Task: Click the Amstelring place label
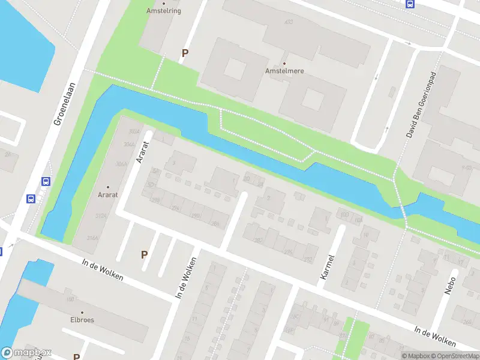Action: click(164, 11)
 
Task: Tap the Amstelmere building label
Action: click(284, 71)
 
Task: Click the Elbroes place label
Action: click(82, 320)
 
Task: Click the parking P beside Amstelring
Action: click(185, 53)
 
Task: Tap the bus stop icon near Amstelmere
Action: click(410, 4)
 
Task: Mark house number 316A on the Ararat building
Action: click(92, 238)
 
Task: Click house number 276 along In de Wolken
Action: click(289, 251)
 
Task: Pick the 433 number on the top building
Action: click(289, 22)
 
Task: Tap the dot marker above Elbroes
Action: click(82, 312)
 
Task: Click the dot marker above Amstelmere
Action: click(284, 63)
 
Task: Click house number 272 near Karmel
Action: click(308, 260)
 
